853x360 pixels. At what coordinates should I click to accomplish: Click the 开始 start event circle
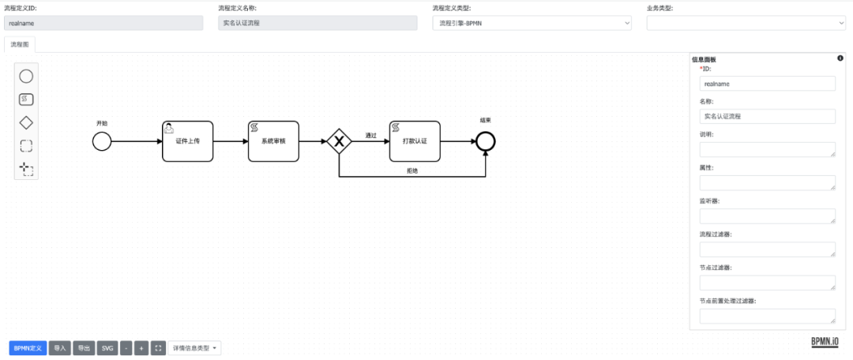point(102,141)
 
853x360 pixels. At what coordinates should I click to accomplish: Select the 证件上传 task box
point(188,141)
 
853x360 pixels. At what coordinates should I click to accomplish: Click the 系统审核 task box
point(274,141)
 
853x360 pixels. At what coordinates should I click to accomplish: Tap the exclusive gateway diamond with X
point(339,141)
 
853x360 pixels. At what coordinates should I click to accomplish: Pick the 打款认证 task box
point(414,141)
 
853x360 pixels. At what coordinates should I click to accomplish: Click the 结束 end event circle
point(486,141)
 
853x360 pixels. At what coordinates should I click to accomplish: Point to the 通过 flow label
point(370,135)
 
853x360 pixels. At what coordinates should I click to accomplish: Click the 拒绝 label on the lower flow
point(412,171)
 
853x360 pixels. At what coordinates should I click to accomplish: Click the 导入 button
point(60,348)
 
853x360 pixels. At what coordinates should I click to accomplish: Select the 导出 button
point(84,348)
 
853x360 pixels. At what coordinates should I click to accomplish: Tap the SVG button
point(107,348)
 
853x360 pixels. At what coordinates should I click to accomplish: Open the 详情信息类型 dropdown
point(194,348)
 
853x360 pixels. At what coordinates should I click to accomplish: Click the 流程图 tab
point(20,45)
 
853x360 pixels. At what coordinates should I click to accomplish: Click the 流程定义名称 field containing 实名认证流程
point(318,23)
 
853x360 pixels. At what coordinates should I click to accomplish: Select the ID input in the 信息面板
point(767,83)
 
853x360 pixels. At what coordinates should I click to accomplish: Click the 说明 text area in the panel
point(767,149)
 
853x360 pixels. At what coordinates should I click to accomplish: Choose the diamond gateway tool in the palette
point(26,122)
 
